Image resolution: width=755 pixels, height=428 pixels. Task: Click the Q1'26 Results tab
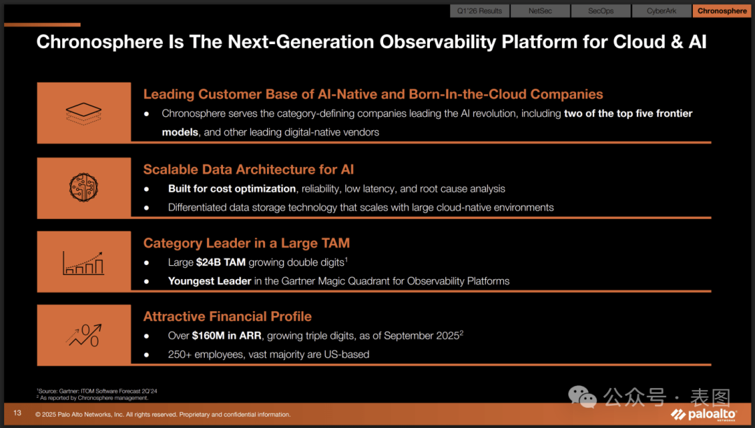tap(480, 10)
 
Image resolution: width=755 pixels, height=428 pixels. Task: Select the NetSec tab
tap(540, 10)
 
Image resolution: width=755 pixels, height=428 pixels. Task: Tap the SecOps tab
tap(601, 10)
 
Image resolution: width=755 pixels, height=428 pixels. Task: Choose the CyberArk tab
tap(661, 10)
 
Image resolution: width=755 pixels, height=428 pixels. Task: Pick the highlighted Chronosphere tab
tap(721, 10)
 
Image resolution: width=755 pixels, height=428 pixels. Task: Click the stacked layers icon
tap(84, 113)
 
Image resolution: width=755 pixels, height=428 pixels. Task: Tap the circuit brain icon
tap(84, 187)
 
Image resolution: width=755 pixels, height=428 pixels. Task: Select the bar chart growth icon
tap(83, 263)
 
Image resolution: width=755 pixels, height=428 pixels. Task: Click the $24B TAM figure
tap(220, 262)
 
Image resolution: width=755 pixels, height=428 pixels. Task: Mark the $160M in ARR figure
tap(226, 336)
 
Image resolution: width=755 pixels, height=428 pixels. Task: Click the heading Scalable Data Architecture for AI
tap(248, 169)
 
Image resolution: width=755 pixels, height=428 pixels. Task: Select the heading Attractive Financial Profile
tap(227, 316)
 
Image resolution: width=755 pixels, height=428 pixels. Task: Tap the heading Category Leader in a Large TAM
tap(247, 243)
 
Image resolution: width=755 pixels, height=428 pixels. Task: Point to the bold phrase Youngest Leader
tap(210, 281)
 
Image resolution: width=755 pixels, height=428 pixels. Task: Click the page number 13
tap(17, 413)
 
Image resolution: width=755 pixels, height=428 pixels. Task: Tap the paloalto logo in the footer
tap(704, 415)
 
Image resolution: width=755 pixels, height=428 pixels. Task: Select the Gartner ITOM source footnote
tap(96, 391)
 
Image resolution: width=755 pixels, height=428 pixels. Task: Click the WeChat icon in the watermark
tap(582, 397)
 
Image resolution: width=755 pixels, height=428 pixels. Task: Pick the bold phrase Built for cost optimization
tap(231, 189)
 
